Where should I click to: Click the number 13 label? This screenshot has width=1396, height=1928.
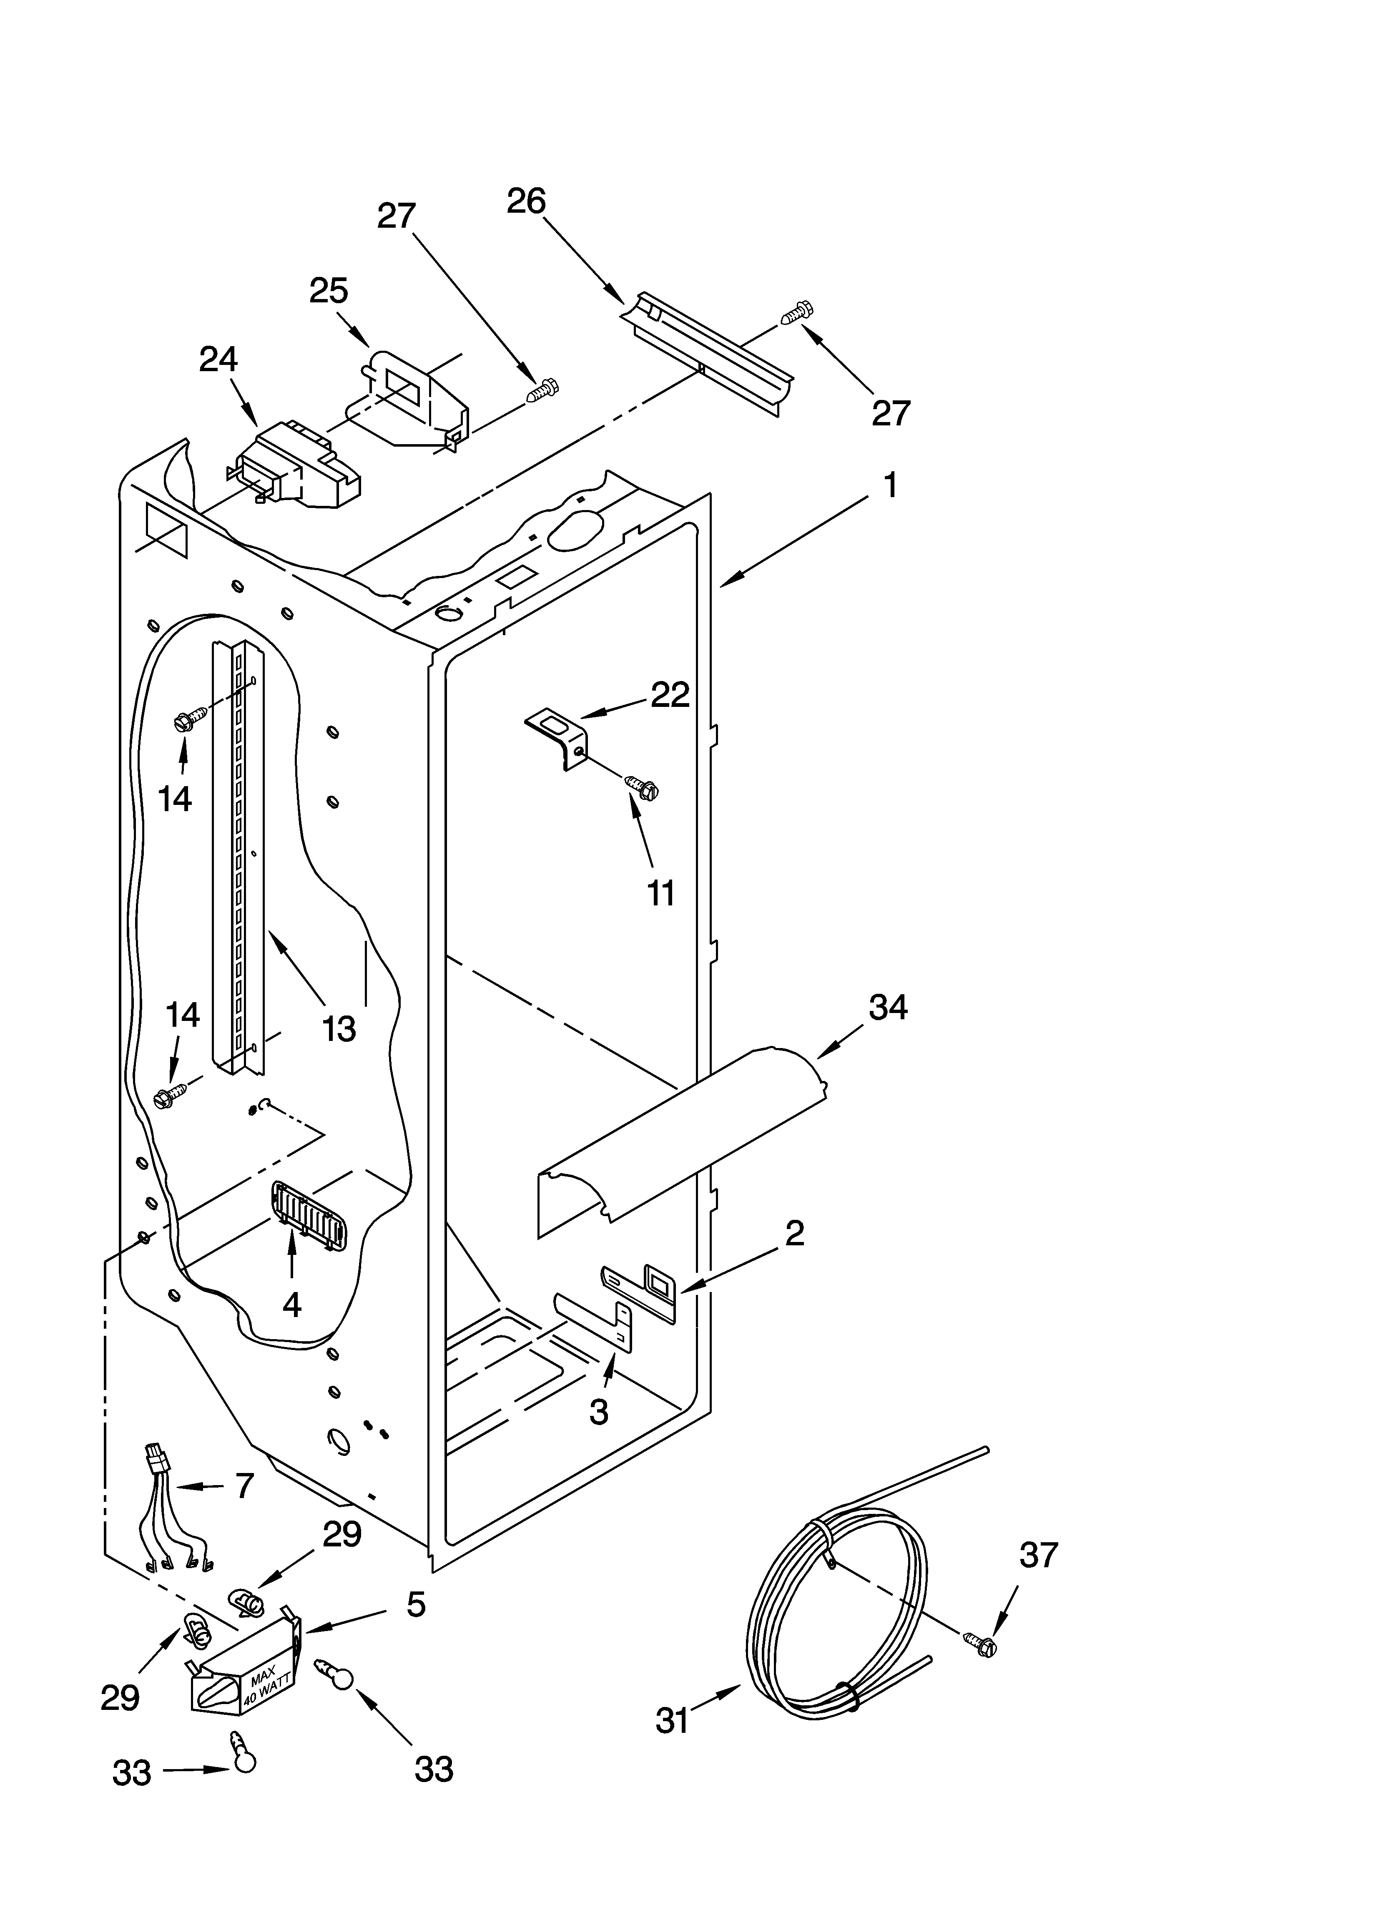tap(339, 1029)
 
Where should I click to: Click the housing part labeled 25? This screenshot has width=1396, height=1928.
tap(408, 398)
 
